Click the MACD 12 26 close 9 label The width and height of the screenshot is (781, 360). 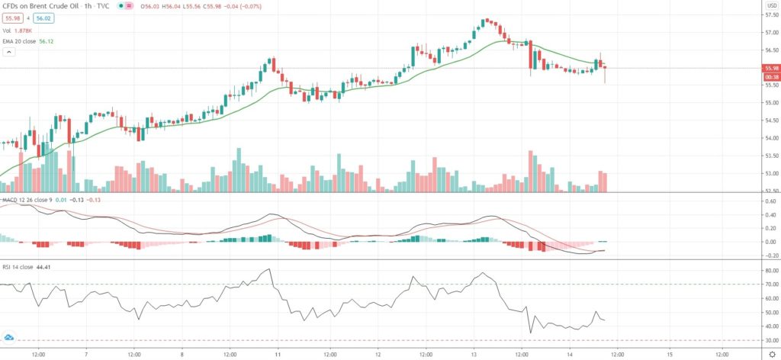(23, 200)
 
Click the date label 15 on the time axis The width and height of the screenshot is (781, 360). (669, 354)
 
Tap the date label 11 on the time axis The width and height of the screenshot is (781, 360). (278, 354)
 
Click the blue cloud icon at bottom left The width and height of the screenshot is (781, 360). (9, 337)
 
